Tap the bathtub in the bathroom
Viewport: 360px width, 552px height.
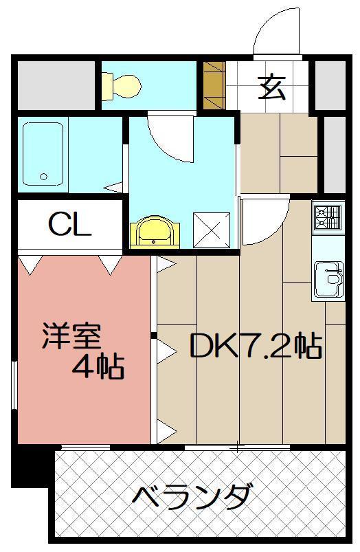tap(43, 155)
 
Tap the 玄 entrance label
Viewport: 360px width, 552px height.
tap(272, 87)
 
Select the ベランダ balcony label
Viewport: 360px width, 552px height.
tap(190, 496)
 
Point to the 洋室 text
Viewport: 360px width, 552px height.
tap(71, 337)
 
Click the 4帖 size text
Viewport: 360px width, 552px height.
tap(99, 367)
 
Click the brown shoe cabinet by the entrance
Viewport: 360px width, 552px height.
tap(214, 84)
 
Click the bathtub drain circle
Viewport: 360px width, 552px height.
tap(44, 177)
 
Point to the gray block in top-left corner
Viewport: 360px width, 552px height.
tap(56, 85)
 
